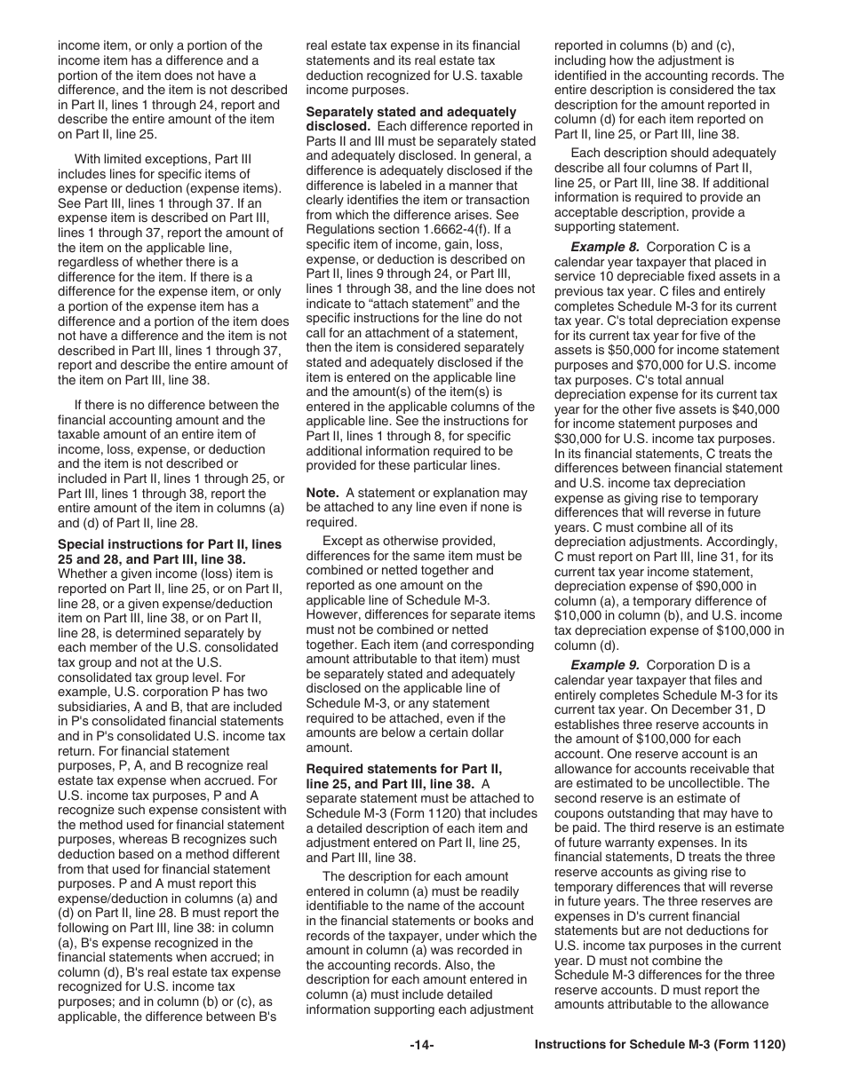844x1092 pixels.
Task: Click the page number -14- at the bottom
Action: (421, 1045)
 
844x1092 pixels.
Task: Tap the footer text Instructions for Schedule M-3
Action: (660, 1045)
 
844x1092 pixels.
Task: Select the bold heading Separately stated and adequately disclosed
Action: (410, 119)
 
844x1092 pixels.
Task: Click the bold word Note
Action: (323, 493)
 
